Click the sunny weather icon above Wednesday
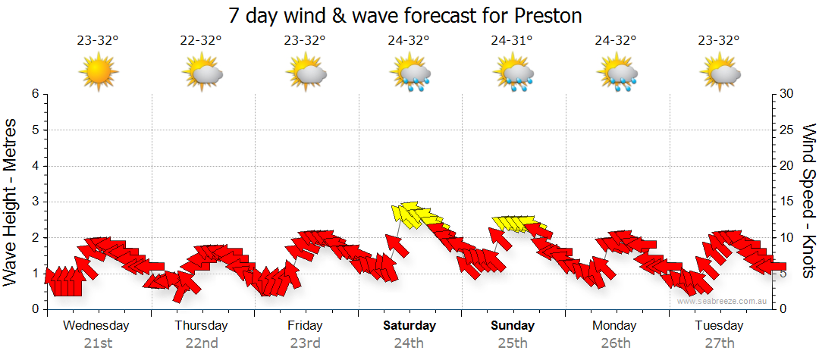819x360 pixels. tap(99, 71)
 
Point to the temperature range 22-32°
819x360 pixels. tap(202, 41)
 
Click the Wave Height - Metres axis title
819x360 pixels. tap(12, 202)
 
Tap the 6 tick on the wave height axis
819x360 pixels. tap(34, 94)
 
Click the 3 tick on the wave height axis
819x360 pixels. tap(34, 202)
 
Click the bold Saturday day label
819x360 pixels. tap(409, 326)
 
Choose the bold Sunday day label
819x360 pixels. tap(513, 326)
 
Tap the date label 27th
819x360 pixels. tap(719, 343)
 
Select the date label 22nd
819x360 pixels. tap(202, 343)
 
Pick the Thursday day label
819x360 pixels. tap(201, 326)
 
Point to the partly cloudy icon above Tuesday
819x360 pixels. tap(720, 73)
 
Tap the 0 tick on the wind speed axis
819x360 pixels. tap(783, 309)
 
